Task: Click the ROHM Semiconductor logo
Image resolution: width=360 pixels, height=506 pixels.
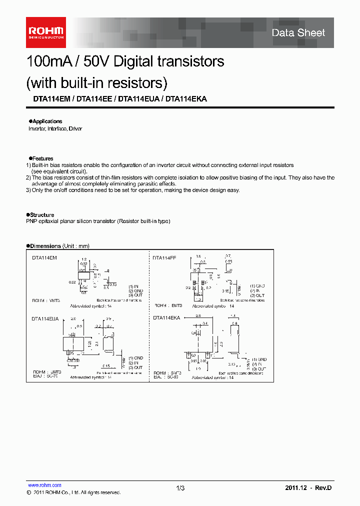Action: click(x=45, y=32)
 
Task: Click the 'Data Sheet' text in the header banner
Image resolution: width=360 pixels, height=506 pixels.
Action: click(x=298, y=33)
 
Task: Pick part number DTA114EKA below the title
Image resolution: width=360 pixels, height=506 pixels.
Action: click(x=186, y=99)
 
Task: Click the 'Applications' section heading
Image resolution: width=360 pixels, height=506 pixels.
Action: click(x=46, y=121)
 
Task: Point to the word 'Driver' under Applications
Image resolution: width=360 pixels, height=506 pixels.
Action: click(x=75, y=129)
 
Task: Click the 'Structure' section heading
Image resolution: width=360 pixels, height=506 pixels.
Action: click(x=42, y=215)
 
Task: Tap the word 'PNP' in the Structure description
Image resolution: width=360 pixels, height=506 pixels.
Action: click(x=31, y=221)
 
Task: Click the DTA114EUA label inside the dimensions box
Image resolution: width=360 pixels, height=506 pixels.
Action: click(x=45, y=318)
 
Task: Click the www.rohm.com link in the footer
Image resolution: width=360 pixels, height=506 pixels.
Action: click(x=44, y=485)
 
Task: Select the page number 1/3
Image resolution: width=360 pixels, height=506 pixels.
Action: click(x=180, y=488)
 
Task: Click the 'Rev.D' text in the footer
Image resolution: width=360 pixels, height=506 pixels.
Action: click(x=322, y=488)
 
